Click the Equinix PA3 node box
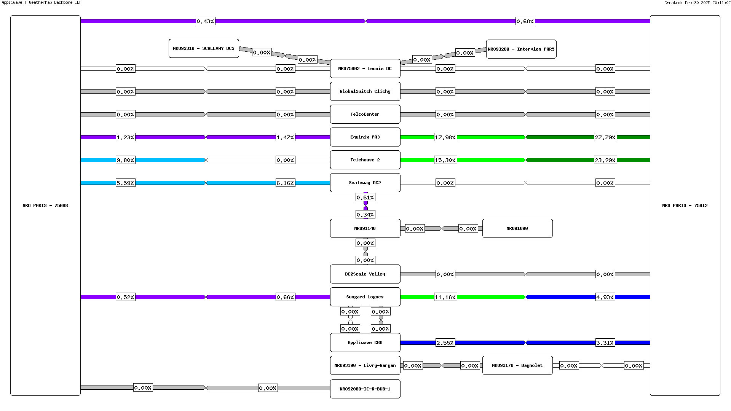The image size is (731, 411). click(365, 137)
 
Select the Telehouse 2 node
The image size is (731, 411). click(365, 160)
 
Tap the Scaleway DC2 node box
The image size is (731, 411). click(365, 183)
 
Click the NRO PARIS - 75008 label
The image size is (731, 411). click(45, 205)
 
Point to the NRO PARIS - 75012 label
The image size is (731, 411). click(685, 205)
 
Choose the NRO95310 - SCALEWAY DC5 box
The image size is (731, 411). click(204, 48)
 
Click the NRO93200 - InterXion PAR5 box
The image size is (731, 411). click(521, 49)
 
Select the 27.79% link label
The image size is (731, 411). click(605, 137)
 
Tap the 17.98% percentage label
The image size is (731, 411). click(445, 137)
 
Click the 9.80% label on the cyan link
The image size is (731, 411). click(125, 160)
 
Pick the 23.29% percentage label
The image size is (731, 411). click(605, 160)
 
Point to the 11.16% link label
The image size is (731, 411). click(445, 297)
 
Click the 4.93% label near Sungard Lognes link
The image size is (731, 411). click(605, 297)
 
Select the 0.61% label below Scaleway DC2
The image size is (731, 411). click(365, 198)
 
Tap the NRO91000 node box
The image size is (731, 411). click(517, 228)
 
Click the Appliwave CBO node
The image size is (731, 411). click(365, 342)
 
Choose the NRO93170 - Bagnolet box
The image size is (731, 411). click(517, 365)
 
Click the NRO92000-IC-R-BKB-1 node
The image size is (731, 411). click(365, 389)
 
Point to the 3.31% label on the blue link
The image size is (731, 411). click(605, 343)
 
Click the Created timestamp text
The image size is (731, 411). click(697, 3)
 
